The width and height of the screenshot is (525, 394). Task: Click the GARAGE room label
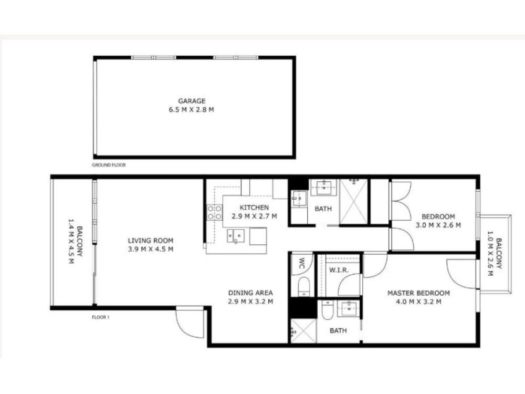point(192,101)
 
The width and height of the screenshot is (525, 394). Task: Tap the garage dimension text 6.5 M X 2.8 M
point(192,110)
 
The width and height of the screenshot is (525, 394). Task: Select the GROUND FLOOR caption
point(109,165)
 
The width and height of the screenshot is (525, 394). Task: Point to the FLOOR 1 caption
point(100,317)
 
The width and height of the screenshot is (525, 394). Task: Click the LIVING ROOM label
point(151,240)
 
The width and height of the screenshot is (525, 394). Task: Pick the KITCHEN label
point(254,208)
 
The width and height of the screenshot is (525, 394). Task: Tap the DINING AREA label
point(250,293)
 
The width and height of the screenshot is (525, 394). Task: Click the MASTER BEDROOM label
point(418,293)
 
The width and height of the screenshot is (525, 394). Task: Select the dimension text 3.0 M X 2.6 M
point(438,225)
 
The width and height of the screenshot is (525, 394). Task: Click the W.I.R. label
point(339,270)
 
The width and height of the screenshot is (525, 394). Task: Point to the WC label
point(301,263)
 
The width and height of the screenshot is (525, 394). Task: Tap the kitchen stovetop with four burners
point(215,212)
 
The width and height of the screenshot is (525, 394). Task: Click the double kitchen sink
point(236,236)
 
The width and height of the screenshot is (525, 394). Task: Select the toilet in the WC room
point(304,286)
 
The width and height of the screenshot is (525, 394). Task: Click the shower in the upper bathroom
point(353,201)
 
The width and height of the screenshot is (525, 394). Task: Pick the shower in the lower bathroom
point(303,331)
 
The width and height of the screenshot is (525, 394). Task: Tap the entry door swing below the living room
point(190,322)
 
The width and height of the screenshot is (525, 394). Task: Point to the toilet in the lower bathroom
point(327,310)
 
